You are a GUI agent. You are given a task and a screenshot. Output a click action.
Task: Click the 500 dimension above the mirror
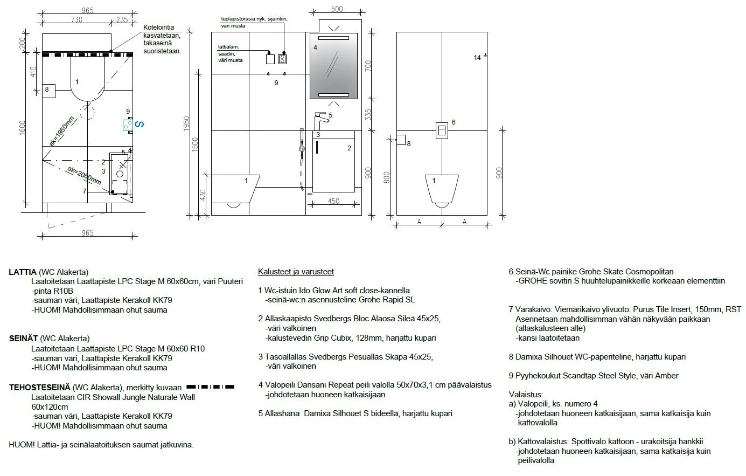coord(337,9)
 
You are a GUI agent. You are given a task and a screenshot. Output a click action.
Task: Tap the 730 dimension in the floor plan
coord(76,20)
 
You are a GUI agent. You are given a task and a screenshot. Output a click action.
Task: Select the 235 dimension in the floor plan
coord(122,20)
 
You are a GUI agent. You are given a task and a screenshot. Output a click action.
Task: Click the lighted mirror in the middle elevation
coord(334,66)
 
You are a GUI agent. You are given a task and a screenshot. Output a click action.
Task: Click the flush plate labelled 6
coord(441,130)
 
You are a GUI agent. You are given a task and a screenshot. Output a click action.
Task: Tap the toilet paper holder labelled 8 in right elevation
coord(400,140)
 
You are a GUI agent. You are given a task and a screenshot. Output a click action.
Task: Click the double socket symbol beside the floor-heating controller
coord(282,59)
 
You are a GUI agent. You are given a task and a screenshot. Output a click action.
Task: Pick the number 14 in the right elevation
coord(477,58)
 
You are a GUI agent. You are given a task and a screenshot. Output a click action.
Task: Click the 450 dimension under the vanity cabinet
coord(333,202)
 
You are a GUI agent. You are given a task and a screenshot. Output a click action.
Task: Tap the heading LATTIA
coord(23,272)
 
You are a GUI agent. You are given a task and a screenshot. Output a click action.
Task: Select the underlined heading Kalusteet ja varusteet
coord(296,272)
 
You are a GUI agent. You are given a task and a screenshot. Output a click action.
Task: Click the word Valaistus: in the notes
coord(526,395)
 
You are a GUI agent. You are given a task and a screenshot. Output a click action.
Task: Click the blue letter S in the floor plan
coord(138,125)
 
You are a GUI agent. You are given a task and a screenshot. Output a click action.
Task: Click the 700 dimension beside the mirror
coord(369,66)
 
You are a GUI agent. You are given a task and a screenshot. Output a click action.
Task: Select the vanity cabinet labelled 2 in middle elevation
coord(333,162)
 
